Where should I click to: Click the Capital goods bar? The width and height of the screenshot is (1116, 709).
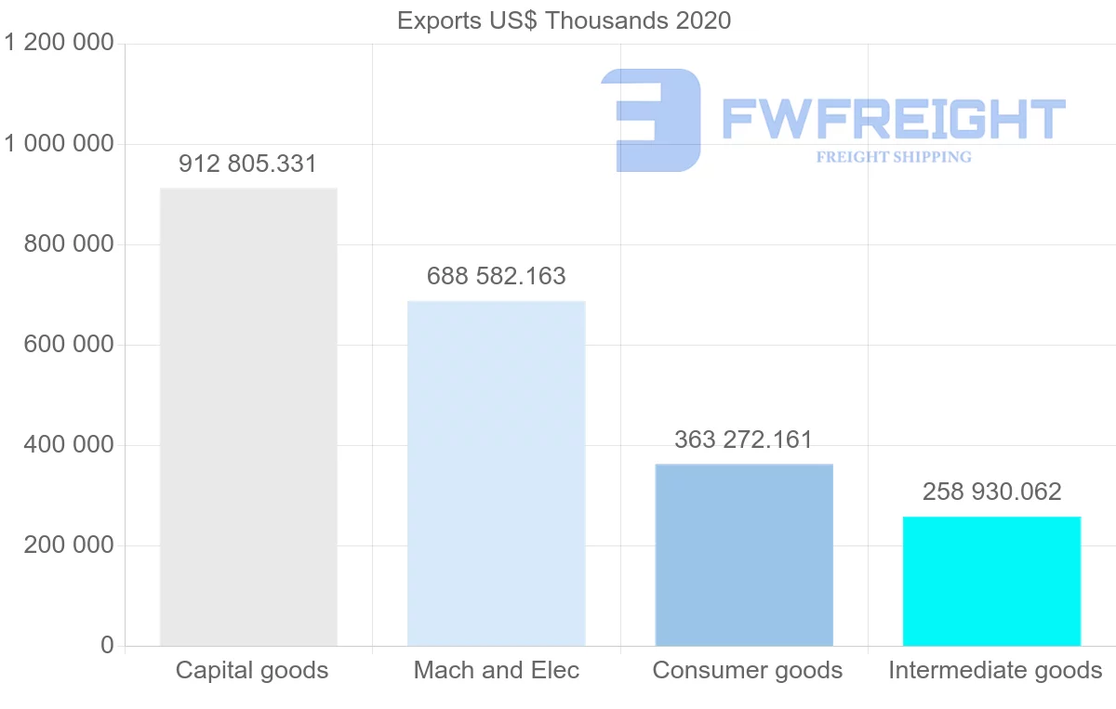point(248,417)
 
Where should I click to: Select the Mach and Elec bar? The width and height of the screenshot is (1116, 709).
point(497,473)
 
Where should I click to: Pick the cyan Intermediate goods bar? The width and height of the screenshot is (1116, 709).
point(991,581)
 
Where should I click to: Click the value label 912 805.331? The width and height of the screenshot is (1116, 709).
point(248,164)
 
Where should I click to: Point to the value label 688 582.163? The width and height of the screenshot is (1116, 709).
point(497,276)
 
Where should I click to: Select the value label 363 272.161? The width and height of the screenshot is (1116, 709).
point(744,440)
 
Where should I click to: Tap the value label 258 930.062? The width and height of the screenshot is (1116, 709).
point(991,492)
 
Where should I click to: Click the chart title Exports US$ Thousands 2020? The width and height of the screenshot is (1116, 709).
point(565,20)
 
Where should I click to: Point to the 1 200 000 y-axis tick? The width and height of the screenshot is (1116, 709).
point(59,44)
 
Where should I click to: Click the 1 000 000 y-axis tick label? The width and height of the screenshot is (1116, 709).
point(59,144)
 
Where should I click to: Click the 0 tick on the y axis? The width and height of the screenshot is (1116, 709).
point(107,646)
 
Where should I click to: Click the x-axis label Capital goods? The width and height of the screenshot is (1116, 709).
point(252,670)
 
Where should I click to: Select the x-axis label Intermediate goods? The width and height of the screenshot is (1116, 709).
point(995,670)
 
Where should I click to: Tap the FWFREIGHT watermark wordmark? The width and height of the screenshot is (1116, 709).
point(893,119)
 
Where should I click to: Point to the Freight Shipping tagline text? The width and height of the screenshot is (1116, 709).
point(894,157)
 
